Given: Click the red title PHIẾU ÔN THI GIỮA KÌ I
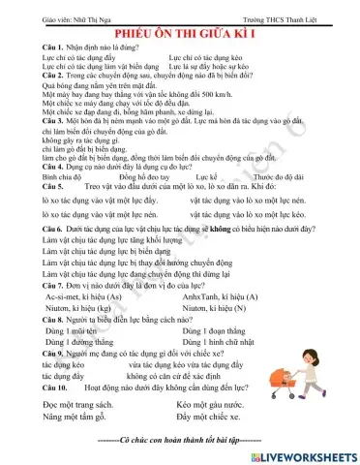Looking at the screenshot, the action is point(179,32).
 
